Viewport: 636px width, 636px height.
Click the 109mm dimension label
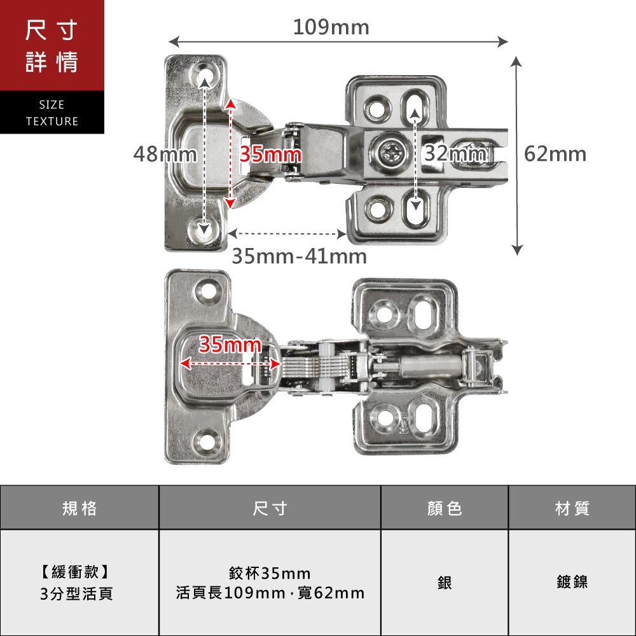331,27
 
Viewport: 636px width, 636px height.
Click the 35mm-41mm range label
299,256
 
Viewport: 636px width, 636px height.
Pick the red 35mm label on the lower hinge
230,345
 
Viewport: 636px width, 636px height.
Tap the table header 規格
79,508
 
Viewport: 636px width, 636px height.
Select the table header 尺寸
270,508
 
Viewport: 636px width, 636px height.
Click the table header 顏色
445,508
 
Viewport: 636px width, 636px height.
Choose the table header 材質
572,508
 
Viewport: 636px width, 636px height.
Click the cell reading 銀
445,582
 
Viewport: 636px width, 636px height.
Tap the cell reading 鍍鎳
572,582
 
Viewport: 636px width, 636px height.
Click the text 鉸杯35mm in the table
270,574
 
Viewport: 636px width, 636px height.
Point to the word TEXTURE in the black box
52,121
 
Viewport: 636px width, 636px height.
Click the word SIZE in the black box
52,105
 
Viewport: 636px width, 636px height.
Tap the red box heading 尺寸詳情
52,46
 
